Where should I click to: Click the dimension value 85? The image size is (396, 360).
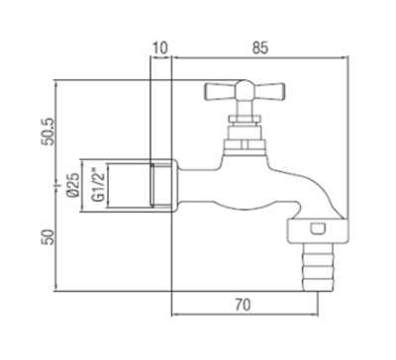coord(260,48)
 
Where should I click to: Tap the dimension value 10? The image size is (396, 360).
coord(159,48)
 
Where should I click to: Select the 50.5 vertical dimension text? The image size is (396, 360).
coord(48,132)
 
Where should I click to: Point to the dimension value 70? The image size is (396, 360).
coord(243,305)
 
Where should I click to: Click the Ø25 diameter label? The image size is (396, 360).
coord(73,185)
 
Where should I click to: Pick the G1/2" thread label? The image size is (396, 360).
coord(98,185)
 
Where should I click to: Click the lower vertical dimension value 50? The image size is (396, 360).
coord(48,237)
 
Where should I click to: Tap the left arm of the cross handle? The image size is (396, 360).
coord(221,91)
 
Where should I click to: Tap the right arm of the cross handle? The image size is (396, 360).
coord(268,91)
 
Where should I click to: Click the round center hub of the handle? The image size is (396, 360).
coord(245,90)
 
